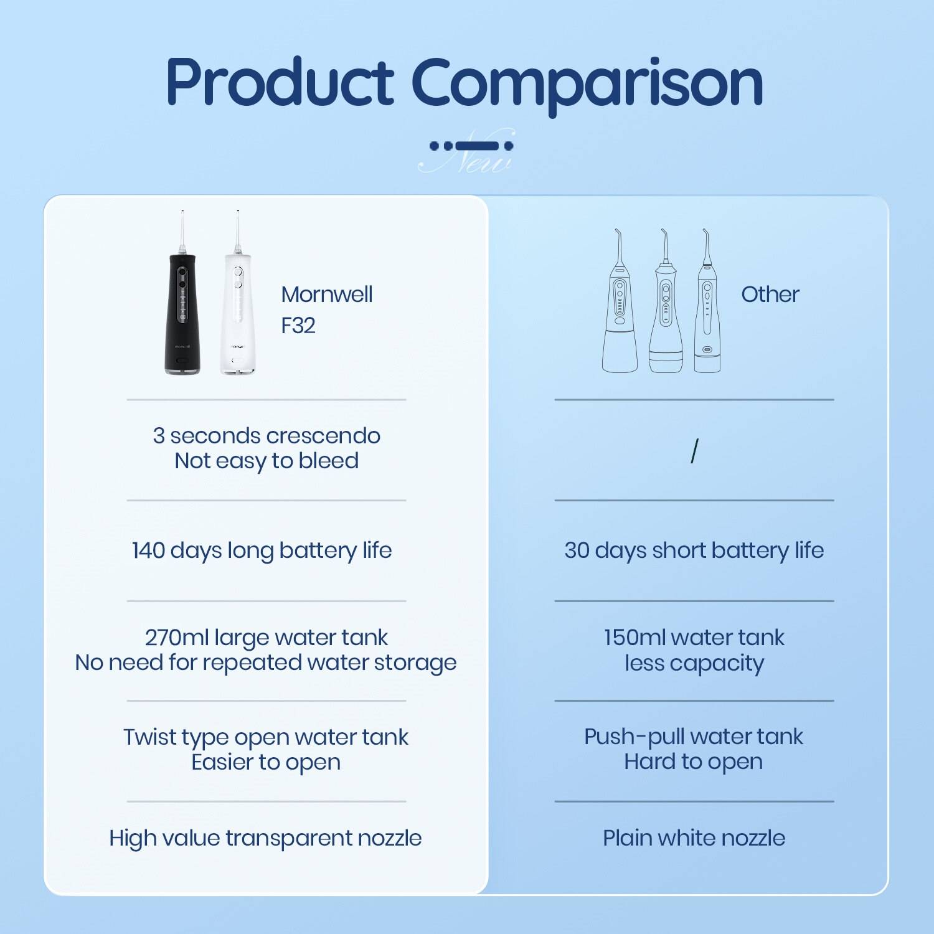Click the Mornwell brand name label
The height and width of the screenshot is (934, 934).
(326, 295)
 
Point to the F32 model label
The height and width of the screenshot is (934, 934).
(298, 326)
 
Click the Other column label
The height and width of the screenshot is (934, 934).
(770, 295)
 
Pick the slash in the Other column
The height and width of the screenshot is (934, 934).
(694, 451)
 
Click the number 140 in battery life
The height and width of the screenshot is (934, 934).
(148, 550)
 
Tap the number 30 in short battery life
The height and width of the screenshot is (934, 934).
(576, 550)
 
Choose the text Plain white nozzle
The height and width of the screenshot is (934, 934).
(694, 838)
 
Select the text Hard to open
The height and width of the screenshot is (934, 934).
(693, 762)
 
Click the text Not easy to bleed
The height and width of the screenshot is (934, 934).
(267, 461)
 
